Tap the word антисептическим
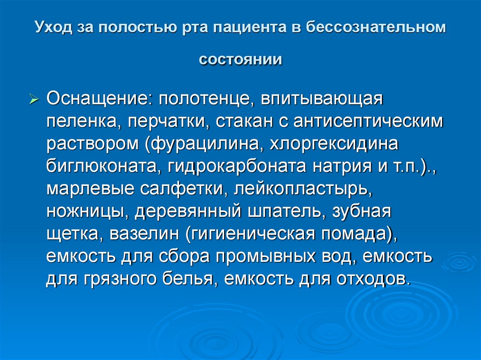coord(368,121)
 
